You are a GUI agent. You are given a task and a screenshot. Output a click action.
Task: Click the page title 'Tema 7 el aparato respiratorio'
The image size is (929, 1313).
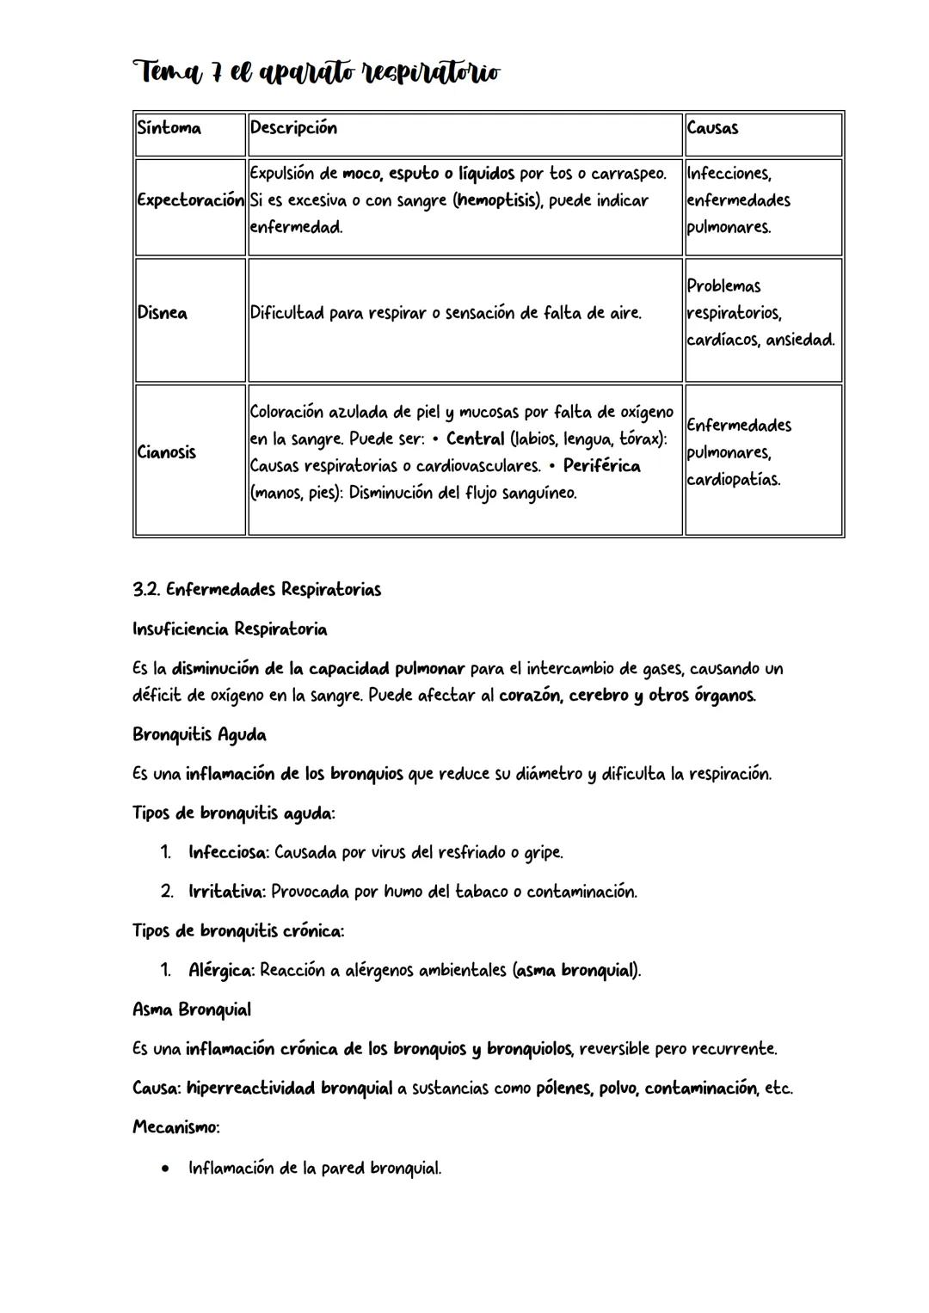coord(316,73)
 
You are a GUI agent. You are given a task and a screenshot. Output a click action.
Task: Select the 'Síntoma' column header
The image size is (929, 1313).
coord(169,128)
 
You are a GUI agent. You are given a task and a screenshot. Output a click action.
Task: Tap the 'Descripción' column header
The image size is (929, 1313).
coord(293,128)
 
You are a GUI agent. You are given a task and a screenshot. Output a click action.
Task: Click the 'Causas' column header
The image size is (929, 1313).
coord(712,128)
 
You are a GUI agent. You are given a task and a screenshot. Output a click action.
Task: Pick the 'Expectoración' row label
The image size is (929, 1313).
coord(190,200)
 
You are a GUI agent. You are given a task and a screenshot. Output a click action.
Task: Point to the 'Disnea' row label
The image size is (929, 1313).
coord(163,313)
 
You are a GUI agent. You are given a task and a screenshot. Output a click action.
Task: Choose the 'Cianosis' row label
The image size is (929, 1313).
coord(167,452)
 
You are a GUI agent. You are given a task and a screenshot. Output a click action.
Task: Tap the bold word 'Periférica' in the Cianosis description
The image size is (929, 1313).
coord(601,466)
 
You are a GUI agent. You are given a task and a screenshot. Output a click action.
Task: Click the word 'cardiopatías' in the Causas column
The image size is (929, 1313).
coord(734,480)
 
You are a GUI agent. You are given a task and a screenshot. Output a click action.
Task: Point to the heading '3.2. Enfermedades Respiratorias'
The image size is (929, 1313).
coord(256,590)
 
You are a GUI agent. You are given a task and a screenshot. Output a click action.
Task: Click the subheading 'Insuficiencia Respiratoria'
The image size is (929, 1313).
coord(230,629)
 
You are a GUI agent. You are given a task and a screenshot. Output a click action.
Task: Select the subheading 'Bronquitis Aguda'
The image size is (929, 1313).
coord(200,735)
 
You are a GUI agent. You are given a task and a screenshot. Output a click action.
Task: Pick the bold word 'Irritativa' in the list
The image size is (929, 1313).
coord(226,892)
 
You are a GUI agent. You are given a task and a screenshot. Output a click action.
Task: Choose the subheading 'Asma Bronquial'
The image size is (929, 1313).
coord(192,1009)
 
